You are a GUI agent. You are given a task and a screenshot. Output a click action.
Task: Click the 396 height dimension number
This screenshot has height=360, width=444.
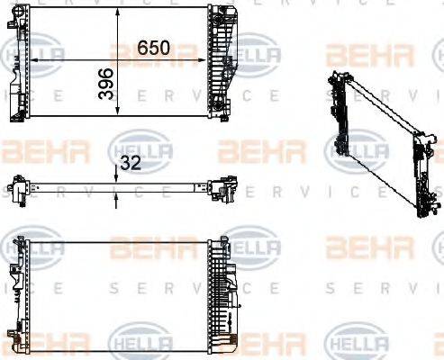[x=105, y=83]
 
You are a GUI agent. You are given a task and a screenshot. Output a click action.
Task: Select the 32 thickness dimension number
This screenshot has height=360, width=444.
[x=131, y=163]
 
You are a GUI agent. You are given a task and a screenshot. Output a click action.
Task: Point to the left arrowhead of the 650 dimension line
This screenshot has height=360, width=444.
[x=35, y=58]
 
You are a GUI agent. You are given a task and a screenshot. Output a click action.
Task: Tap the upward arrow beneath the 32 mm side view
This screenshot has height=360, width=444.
[x=118, y=200]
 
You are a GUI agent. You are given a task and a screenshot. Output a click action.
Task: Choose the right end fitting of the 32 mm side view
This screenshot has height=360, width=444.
[x=222, y=189]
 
